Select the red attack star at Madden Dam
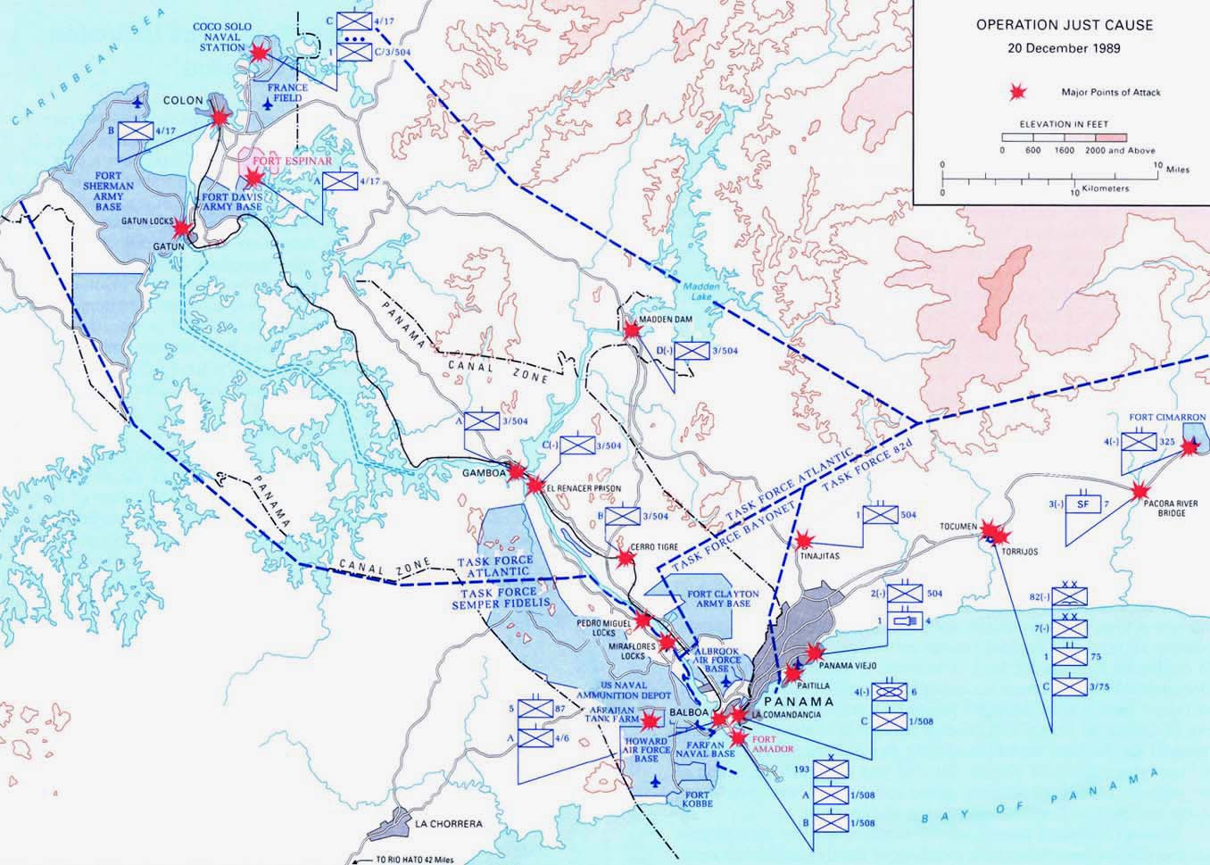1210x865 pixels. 632,330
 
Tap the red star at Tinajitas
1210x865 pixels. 804,540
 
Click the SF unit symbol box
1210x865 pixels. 1083,504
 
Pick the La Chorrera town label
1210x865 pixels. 449,823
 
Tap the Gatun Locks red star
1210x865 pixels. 181,228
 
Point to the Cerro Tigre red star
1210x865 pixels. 626,558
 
